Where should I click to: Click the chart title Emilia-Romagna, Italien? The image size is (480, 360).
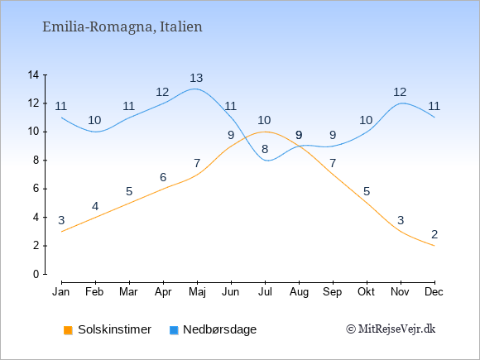click(122, 27)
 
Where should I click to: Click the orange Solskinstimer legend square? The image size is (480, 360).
click(68, 330)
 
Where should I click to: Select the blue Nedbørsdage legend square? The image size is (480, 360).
click(174, 330)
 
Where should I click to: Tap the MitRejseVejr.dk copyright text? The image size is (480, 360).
click(391, 329)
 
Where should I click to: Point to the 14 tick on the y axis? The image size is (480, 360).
click(33, 74)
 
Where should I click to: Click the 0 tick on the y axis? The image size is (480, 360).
click(36, 274)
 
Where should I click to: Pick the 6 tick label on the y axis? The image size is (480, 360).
click(36, 189)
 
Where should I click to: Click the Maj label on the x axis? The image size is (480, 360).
click(197, 292)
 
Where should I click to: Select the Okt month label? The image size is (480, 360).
click(367, 292)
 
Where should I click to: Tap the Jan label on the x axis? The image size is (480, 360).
click(61, 292)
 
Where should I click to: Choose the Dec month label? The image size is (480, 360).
click(434, 292)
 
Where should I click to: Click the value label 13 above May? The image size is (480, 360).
click(196, 78)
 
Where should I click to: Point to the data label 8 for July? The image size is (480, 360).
click(265, 150)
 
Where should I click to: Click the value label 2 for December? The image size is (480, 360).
click(434, 234)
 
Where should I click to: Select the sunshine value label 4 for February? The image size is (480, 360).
click(95, 206)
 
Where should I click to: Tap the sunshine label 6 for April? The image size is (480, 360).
click(163, 177)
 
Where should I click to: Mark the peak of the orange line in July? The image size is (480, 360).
click(265, 132)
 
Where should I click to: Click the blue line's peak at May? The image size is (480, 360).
click(194, 89)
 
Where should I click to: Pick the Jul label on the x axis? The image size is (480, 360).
click(265, 292)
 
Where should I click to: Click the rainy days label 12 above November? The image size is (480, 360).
click(400, 92)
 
